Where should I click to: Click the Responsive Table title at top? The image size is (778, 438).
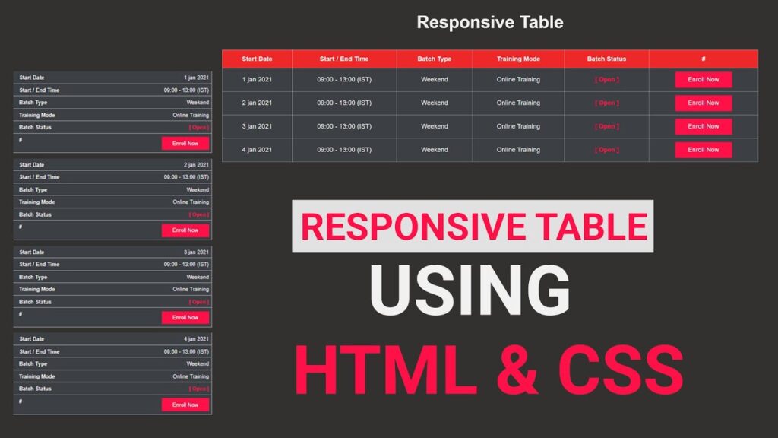(490, 22)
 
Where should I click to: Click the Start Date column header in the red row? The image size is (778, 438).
(257, 59)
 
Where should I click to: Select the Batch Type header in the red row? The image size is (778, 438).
(434, 59)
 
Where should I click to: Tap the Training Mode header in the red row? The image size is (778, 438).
(518, 59)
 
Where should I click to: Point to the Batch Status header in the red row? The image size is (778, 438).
(606, 59)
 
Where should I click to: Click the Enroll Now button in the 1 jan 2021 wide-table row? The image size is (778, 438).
(703, 80)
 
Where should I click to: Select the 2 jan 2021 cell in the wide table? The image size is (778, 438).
(257, 103)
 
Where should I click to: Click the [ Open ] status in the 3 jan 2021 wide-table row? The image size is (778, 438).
(606, 126)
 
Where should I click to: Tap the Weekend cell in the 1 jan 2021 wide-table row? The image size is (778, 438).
(434, 80)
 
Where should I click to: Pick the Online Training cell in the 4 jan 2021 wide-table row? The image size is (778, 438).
(518, 150)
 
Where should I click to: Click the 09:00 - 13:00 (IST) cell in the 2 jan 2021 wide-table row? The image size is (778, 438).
(344, 103)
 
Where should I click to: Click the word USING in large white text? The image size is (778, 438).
(470, 290)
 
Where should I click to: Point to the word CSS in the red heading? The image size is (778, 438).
(621, 370)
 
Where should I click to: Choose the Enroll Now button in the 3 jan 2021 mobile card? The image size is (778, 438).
(185, 317)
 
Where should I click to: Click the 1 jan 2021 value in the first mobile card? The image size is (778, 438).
(196, 78)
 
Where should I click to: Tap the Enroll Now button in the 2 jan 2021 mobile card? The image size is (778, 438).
(185, 230)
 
